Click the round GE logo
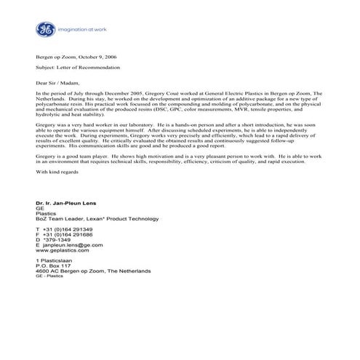click(45, 30)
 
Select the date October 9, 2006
click(92, 56)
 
